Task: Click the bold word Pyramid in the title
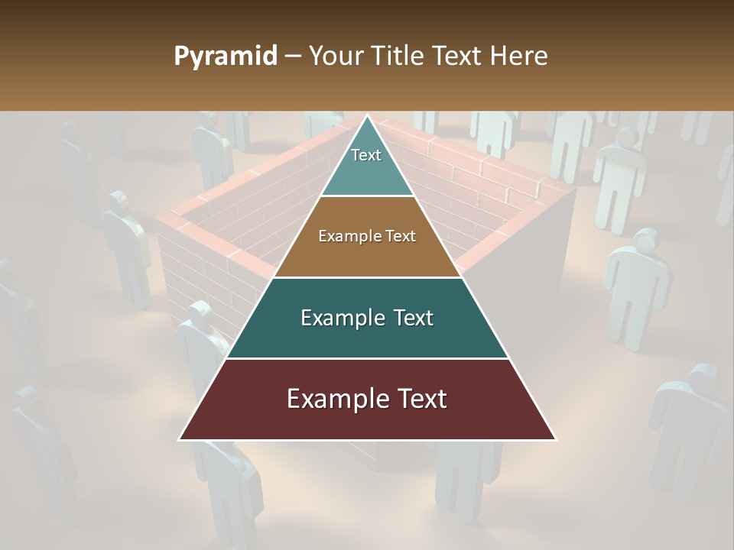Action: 225,57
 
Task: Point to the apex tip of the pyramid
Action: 367,116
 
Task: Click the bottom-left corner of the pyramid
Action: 180,439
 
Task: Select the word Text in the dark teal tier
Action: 413,318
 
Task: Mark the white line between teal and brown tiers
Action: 367,196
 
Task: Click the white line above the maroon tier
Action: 367,358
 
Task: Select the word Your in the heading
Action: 334,57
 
